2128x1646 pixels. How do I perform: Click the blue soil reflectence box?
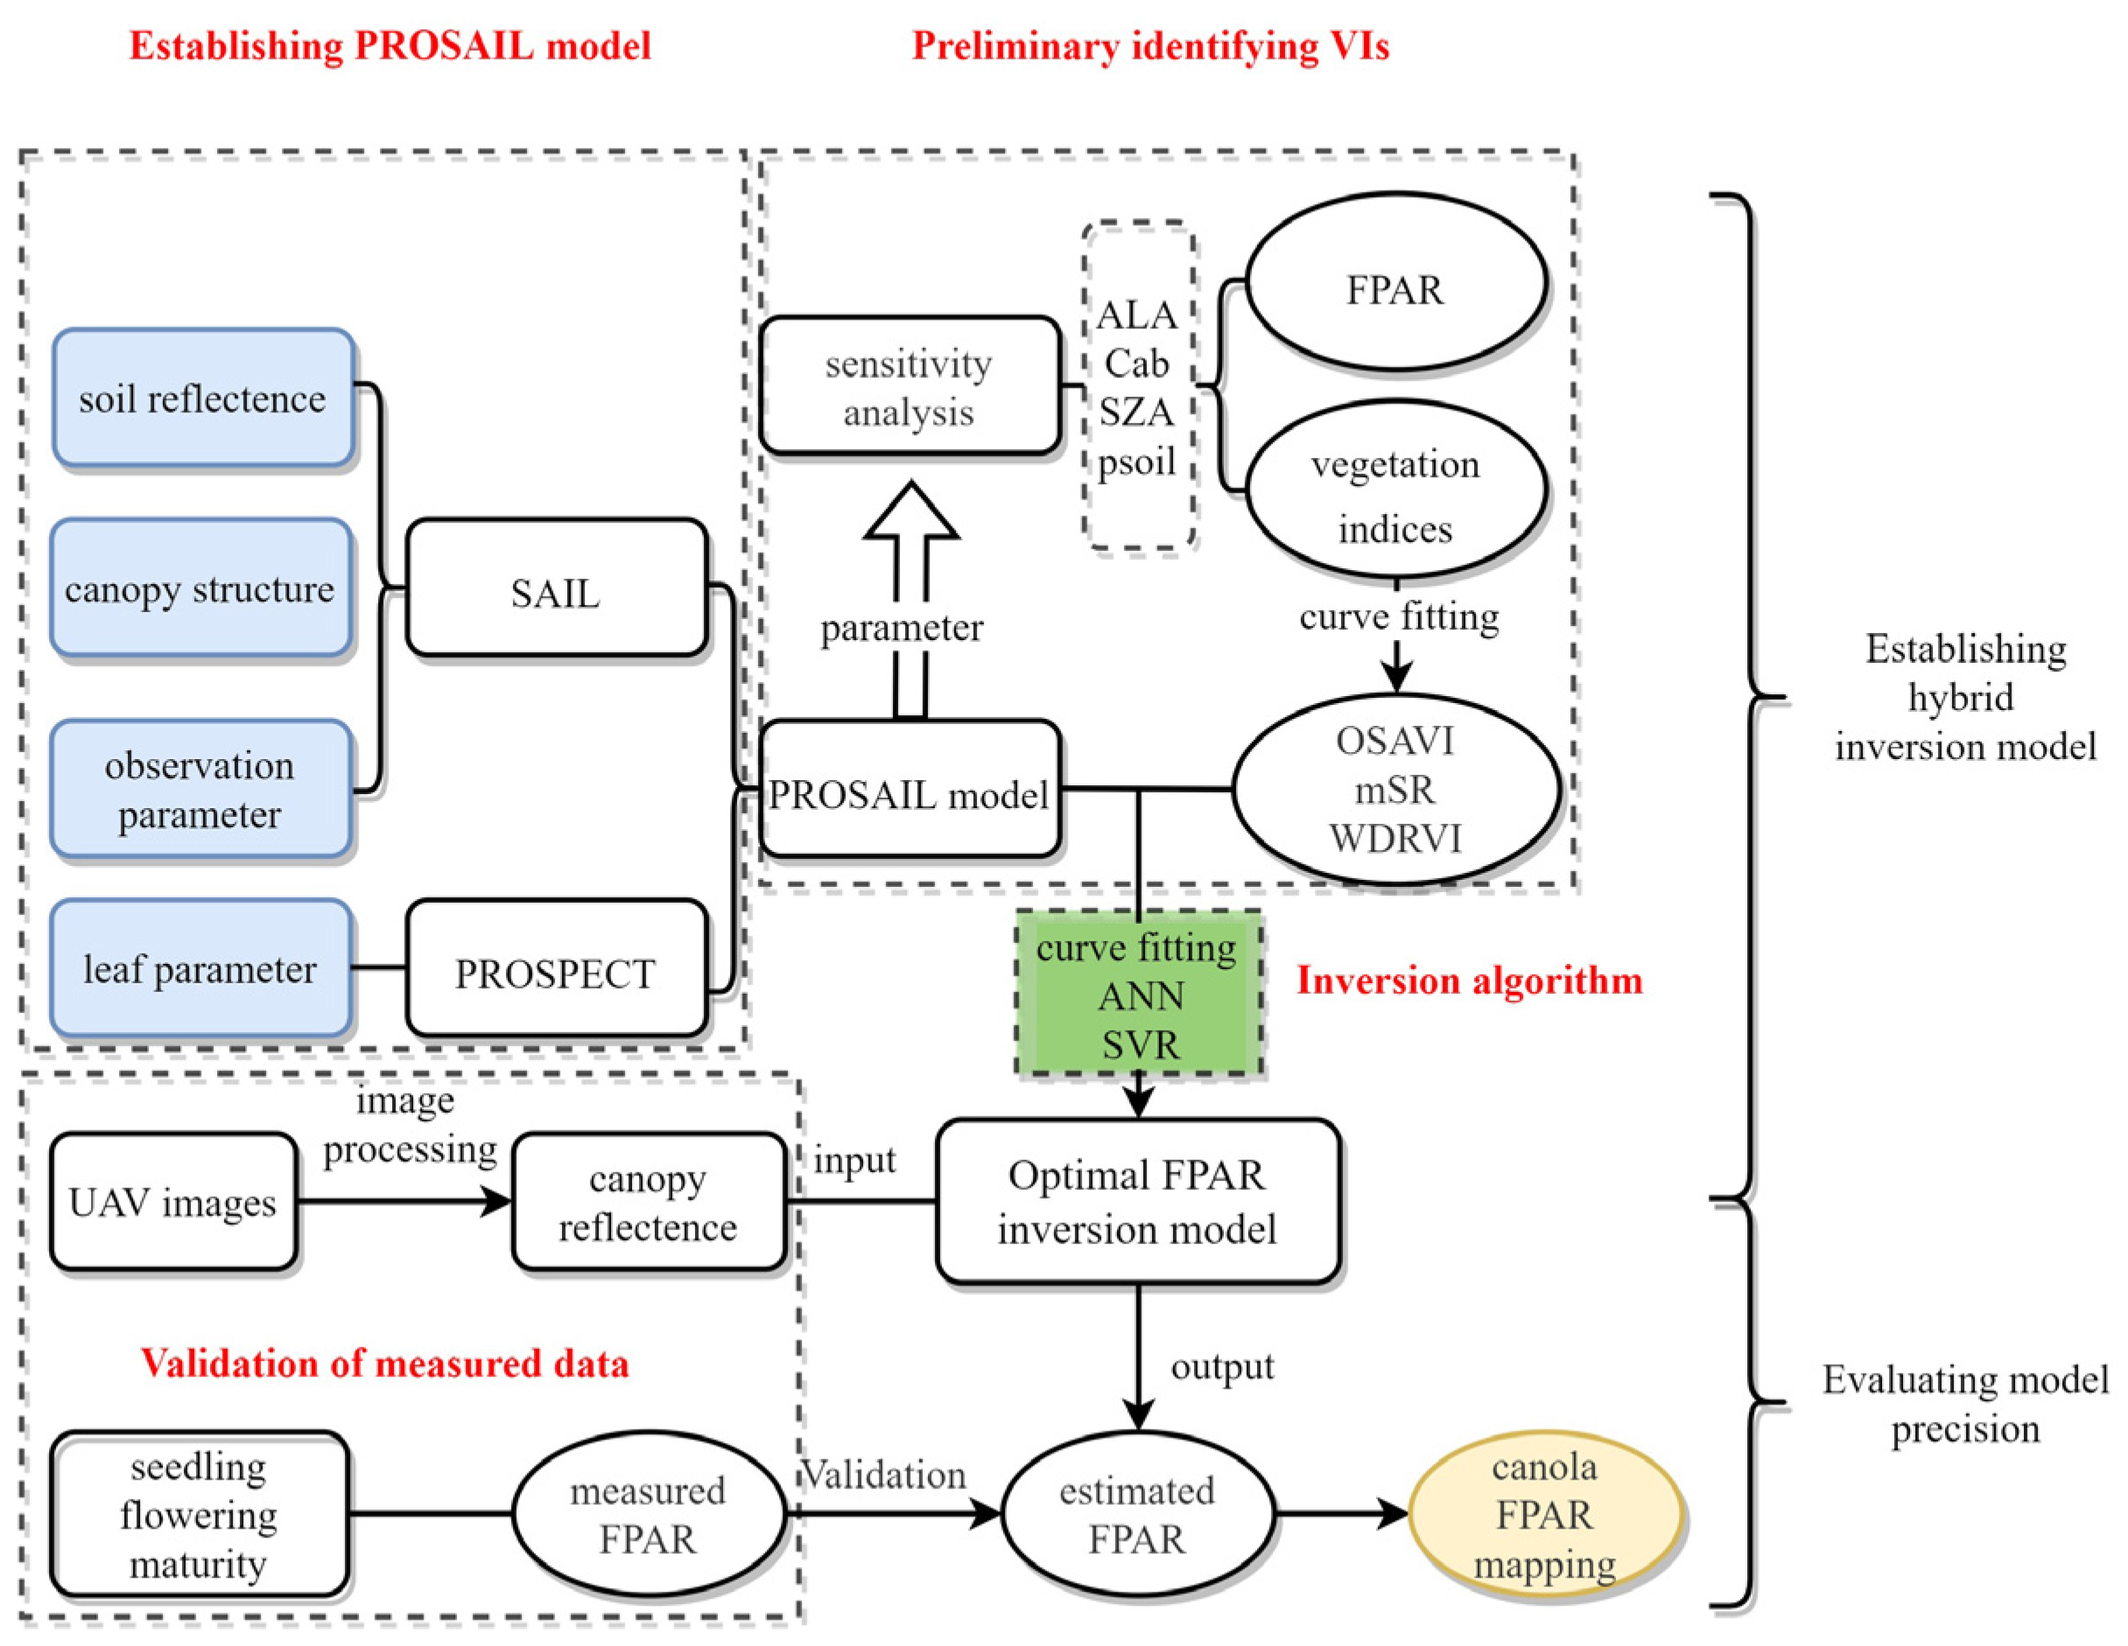click(x=203, y=397)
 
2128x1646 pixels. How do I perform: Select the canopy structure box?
click(x=200, y=587)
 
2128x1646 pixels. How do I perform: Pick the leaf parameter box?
click(x=200, y=967)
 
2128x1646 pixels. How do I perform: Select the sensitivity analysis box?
click(x=909, y=386)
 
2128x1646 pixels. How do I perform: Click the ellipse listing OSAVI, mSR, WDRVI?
click(x=1394, y=790)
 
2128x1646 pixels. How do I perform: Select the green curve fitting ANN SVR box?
click(x=1138, y=994)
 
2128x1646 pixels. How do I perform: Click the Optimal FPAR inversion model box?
click(x=1137, y=1200)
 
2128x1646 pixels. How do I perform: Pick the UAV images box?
click(x=173, y=1200)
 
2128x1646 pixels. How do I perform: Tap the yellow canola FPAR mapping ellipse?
click(x=1544, y=1514)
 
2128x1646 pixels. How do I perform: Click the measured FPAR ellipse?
click(x=648, y=1514)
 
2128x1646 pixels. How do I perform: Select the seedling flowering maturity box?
click(x=199, y=1514)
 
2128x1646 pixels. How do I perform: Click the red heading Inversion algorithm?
click(x=1468, y=980)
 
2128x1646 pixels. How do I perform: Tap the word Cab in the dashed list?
click(x=1136, y=363)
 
